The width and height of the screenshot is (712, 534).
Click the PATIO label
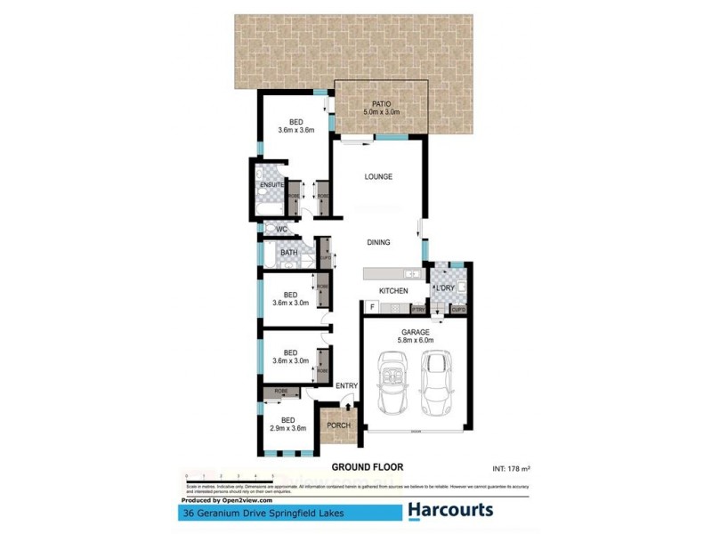[x=380, y=103]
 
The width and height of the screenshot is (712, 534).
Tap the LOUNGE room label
[x=378, y=176]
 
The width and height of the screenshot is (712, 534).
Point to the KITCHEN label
[x=393, y=291]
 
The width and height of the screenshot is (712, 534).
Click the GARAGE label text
[x=414, y=332]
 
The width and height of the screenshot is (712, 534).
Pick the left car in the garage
[x=392, y=382]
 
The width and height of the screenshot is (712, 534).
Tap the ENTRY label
[x=346, y=385]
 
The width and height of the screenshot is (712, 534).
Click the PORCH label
[x=339, y=425]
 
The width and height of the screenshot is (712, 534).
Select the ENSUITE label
[x=271, y=184]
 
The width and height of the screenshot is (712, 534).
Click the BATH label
[x=288, y=253]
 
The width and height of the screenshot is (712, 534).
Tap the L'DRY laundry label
[x=444, y=288]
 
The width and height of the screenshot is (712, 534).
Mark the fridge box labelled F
[x=371, y=308]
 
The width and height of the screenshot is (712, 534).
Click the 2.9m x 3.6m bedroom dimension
[x=288, y=429]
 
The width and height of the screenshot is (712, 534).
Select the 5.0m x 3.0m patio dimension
[x=380, y=112]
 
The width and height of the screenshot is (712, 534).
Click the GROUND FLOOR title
[x=368, y=466]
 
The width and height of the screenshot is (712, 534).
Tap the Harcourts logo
[x=449, y=511]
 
